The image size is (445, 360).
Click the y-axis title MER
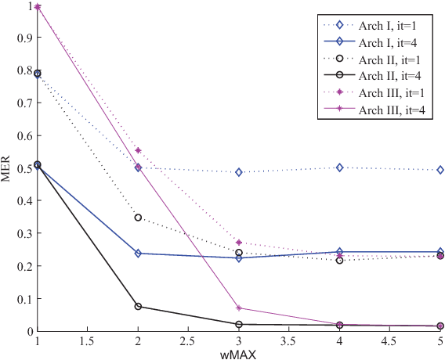(6, 168)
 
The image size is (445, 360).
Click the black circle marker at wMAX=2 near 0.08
(138, 306)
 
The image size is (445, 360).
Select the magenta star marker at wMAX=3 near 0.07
(239, 308)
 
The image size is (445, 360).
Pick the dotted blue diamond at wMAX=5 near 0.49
(440, 170)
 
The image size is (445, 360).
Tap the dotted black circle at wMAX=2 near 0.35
(138, 218)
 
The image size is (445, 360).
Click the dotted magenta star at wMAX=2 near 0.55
(138, 150)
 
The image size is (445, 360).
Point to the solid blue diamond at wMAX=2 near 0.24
(138, 254)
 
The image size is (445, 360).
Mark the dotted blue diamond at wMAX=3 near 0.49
(239, 171)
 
